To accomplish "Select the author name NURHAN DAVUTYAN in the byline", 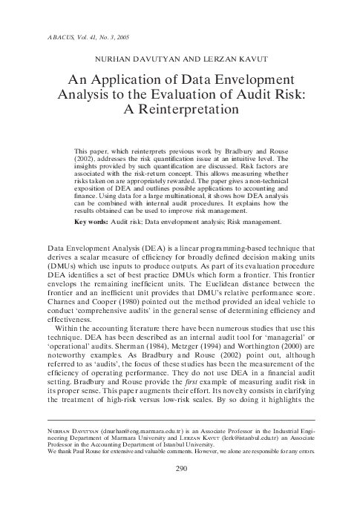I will [x=134, y=57].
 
